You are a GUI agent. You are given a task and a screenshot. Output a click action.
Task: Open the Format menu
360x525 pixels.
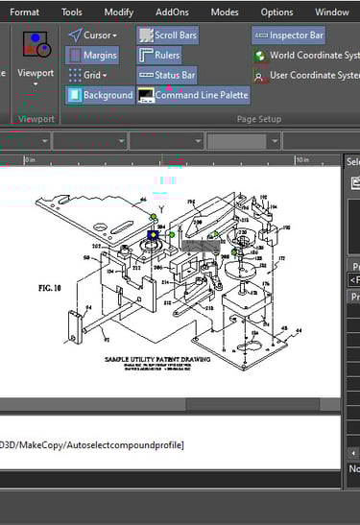tap(24, 12)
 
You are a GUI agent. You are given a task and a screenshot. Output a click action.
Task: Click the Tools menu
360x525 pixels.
tap(72, 12)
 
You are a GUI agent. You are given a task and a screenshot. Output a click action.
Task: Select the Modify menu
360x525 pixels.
tap(118, 12)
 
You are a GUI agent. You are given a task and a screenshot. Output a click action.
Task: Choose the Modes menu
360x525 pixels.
tap(225, 12)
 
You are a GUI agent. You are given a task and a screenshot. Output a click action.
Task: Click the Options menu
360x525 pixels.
tap(276, 12)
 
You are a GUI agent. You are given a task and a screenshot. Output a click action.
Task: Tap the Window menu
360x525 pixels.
tap(331, 12)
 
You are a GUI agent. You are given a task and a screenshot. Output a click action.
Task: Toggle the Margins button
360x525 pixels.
tap(92, 56)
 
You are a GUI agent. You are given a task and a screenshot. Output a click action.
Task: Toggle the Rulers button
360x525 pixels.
tap(159, 56)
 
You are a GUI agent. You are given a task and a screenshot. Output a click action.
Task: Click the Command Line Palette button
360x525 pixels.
tap(192, 95)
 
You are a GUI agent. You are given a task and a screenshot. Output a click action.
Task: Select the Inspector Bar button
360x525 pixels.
tap(288, 36)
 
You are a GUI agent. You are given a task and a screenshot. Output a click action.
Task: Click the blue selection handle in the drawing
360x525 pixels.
tap(152, 234)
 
